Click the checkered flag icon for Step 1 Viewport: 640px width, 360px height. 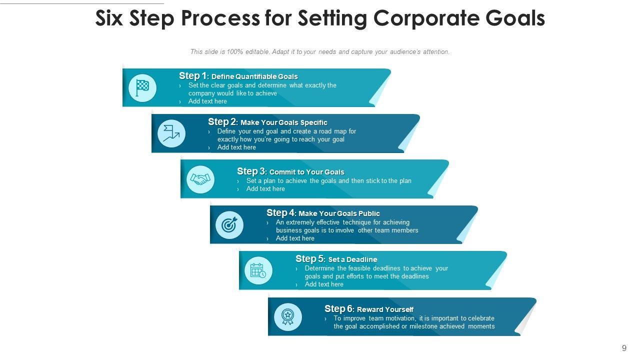tap(142, 88)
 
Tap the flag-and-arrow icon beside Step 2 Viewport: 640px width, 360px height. tap(171, 133)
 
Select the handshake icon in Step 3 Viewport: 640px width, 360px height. tap(200, 179)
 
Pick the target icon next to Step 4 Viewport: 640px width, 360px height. tap(229, 225)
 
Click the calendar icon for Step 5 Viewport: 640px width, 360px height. tap(258, 271)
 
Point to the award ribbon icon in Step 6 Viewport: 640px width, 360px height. tap(287, 316)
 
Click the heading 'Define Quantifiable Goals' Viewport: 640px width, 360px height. tap(254, 76)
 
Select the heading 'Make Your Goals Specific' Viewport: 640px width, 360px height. tap(283, 122)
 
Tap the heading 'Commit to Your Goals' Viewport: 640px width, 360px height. tap(306, 172)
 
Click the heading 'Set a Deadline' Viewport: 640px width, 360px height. tap(352, 259)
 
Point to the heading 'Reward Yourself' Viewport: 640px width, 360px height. tap(385, 309)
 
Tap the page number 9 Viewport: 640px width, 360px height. tap(624, 348)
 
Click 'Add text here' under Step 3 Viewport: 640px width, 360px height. tap(265, 189)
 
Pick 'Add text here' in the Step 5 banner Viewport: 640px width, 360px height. tap(324, 284)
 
